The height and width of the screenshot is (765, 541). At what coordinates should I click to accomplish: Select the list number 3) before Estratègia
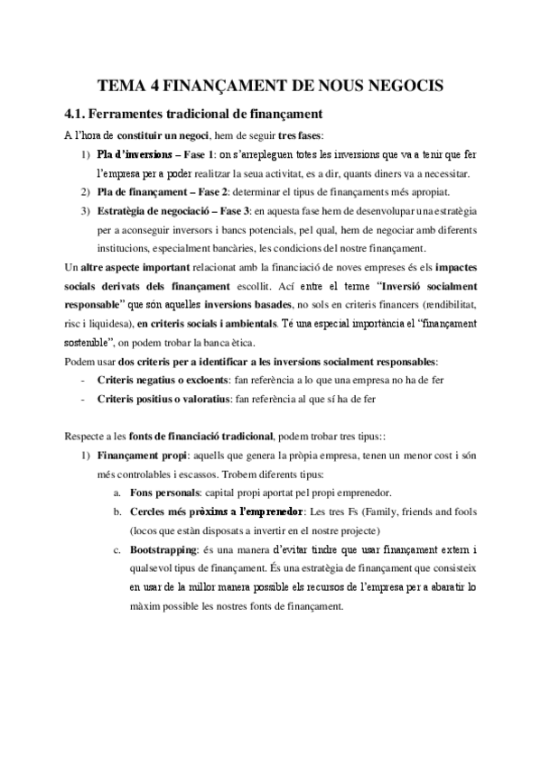[86, 211]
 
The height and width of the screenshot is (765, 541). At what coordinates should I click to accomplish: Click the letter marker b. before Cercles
[118, 512]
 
